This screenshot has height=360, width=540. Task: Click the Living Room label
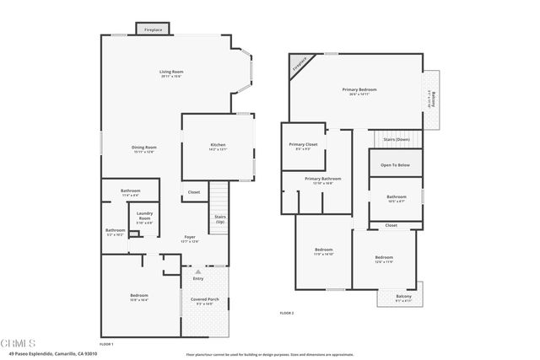tap(171, 72)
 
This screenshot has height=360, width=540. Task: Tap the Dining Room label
tap(143, 148)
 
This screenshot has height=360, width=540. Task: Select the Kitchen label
tap(218, 146)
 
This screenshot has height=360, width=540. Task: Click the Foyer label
tap(190, 237)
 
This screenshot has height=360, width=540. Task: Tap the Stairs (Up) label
tap(219, 218)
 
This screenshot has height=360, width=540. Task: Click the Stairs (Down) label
tap(396, 138)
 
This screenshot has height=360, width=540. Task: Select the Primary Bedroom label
tap(359, 89)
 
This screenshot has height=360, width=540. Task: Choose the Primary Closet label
tap(304, 145)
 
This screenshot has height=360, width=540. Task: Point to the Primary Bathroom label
tap(323, 179)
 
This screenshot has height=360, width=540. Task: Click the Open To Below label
tap(395, 165)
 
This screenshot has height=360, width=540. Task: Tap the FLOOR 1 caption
tap(106, 345)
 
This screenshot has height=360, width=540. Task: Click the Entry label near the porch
tap(198, 278)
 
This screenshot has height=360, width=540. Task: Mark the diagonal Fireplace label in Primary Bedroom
tap(298, 64)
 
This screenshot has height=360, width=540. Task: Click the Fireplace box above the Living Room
tap(154, 29)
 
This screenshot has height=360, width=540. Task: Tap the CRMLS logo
tap(14, 342)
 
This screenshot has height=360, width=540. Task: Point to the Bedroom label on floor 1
tap(139, 295)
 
